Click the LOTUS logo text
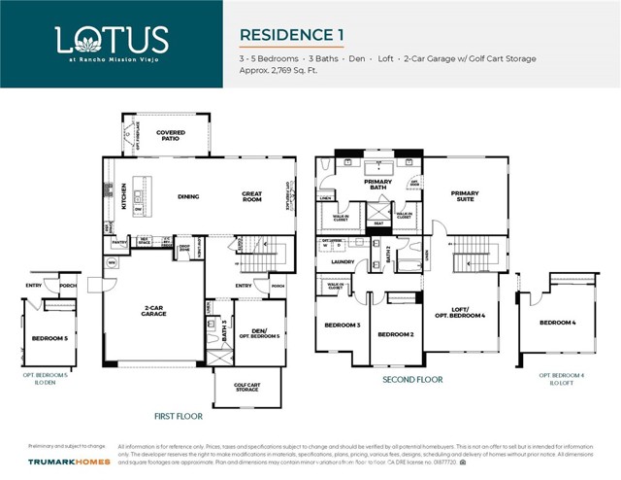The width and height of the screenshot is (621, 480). pyautogui.click(x=112, y=40)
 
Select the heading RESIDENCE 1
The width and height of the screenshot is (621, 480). pyautogui.click(x=292, y=35)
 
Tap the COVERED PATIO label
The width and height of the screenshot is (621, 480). pyautogui.click(x=171, y=135)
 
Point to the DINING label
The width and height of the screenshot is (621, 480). pyautogui.click(x=188, y=196)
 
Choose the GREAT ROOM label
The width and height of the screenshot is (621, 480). pyautogui.click(x=252, y=196)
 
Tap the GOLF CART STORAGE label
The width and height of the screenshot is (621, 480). pyautogui.click(x=247, y=386)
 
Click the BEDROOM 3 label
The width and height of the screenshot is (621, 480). pyautogui.click(x=343, y=325)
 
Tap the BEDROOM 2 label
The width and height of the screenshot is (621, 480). pyautogui.click(x=396, y=334)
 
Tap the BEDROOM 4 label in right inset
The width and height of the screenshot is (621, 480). pyautogui.click(x=557, y=322)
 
